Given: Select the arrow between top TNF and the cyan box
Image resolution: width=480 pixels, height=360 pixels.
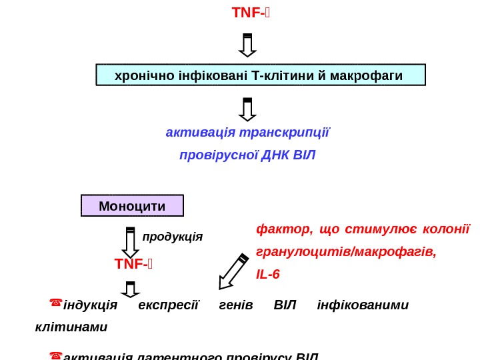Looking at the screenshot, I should point(247,45).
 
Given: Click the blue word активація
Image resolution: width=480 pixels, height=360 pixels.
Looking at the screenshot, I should point(194,131).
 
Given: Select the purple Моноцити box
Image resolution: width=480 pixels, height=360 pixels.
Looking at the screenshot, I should point(132,205).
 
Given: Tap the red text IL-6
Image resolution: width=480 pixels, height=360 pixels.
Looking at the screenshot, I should point(268,274).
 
